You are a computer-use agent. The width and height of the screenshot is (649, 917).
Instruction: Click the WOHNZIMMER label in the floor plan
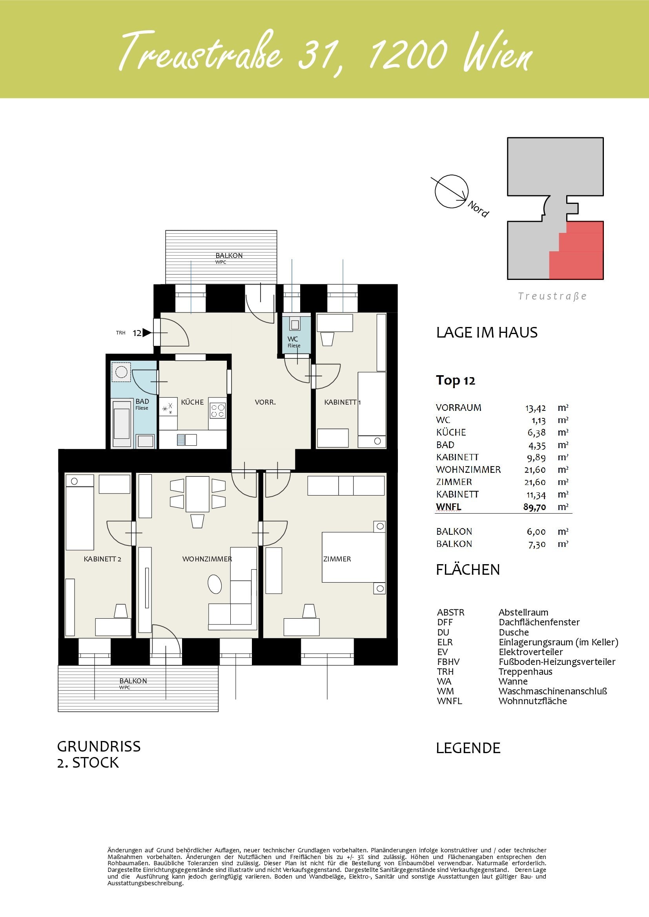click(x=207, y=559)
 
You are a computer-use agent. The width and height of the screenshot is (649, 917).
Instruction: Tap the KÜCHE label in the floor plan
click(x=192, y=402)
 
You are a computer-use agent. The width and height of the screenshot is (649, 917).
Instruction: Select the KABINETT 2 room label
click(x=102, y=559)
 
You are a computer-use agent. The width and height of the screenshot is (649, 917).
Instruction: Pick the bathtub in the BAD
click(x=122, y=424)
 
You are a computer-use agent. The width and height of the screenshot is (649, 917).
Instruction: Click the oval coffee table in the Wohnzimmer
click(x=215, y=584)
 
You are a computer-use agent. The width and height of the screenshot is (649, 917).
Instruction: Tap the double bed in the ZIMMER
click(x=354, y=557)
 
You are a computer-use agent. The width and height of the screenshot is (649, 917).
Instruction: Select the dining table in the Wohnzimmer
click(x=197, y=494)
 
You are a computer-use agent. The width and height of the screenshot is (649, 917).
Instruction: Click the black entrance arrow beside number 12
click(x=147, y=333)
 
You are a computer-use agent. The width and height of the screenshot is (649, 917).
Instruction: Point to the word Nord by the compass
click(x=478, y=209)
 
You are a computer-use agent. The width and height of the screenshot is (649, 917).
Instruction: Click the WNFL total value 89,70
click(x=535, y=507)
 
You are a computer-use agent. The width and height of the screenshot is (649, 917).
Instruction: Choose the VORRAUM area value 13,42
click(x=535, y=408)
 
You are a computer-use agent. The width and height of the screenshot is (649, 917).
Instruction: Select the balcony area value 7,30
click(x=537, y=545)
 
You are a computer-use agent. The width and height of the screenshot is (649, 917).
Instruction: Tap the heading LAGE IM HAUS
click(x=487, y=332)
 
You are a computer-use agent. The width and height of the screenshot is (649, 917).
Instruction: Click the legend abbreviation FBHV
click(x=448, y=662)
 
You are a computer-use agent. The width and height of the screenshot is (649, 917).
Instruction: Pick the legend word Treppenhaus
click(x=525, y=672)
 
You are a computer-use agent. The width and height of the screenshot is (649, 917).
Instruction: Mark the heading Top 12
click(x=456, y=380)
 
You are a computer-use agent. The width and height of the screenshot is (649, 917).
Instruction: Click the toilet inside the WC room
click(x=295, y=324)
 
